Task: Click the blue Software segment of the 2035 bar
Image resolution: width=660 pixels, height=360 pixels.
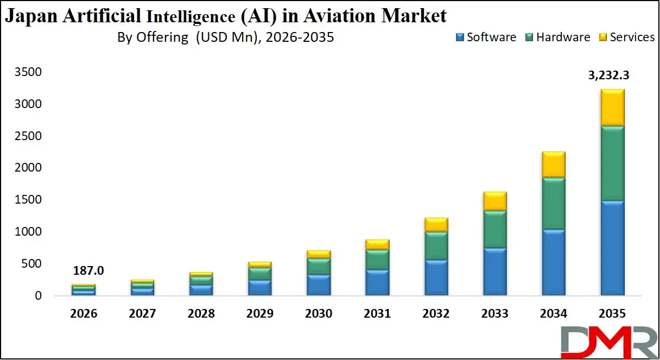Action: pyautogui.click(x=612, y=248)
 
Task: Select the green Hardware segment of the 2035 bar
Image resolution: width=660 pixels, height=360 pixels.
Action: pyautogui.click(x=612, y=163)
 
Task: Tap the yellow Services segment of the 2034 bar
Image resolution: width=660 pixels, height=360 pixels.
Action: pyautogui.click(x=553, y=164)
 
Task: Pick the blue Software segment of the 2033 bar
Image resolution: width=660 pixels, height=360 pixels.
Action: pyautogui.click(x=494, y=271)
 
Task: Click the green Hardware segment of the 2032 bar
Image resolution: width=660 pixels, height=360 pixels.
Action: pyautogui.click(x=436, y=246)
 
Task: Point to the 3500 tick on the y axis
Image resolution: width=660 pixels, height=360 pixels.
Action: pyautogui.click(x=29, y=72)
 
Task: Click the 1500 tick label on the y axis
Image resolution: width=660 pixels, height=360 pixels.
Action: pyautogui.click(x=29, y=200)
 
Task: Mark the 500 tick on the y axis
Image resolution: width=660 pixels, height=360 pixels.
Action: pyautogui.click(x=34, y=264)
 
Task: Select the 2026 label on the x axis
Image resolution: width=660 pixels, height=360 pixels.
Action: pyautogui.click(x=84, y=314)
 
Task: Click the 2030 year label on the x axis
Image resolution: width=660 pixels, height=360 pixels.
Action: pyautogui.click(x=318, y=314)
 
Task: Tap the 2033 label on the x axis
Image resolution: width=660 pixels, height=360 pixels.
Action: pyautogui.click(x=494, y=314)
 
